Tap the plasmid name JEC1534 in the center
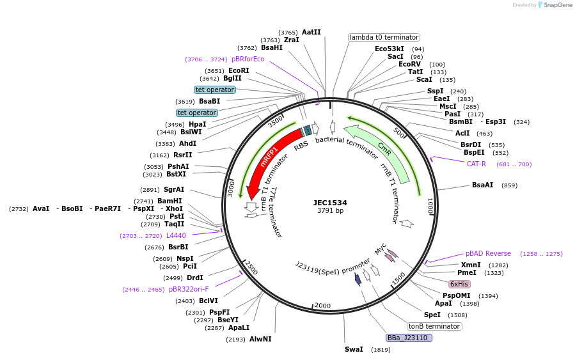330,203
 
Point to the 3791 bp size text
330,211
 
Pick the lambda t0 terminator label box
384,37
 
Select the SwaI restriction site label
354,349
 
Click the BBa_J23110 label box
409,338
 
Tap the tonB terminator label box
434,326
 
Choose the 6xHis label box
459,284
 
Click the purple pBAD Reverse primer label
488,253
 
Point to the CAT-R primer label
477,164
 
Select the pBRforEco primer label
248,59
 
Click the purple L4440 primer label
176,235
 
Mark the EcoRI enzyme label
239,70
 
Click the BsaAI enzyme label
482,185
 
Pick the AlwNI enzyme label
260,339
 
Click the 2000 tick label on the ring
322,306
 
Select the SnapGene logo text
555,5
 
